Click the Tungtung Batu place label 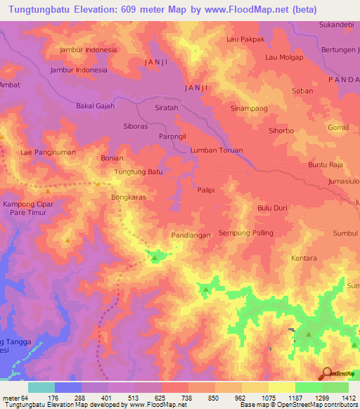138,171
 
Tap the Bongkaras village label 128,198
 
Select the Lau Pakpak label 245,40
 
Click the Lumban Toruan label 217,150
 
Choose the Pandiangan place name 191,235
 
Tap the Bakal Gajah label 95,105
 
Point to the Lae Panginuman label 48,152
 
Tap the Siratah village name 167,108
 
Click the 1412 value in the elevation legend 348,398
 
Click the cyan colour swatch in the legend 41,387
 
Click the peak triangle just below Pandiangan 154,259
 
